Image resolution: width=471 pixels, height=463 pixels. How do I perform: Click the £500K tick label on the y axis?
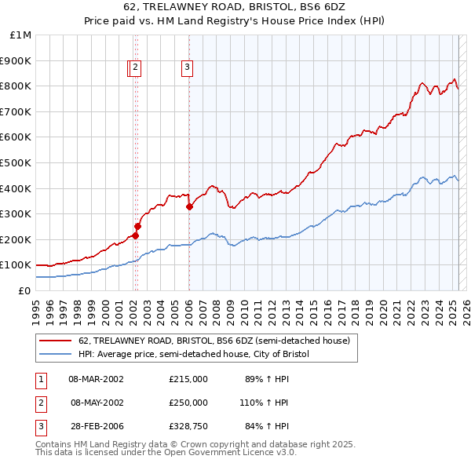click(x=16, y=162)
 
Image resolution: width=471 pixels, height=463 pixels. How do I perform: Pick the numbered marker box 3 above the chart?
click(x=188, y=68)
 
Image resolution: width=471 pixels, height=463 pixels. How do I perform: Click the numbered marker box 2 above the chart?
click(x=136, y=68)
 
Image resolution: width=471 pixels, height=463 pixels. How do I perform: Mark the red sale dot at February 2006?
click(x=189, y=206)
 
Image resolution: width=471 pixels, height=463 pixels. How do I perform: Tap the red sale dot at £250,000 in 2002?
click(x=137, y=226)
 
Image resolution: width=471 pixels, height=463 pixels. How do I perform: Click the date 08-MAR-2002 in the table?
click(x=96, y=379)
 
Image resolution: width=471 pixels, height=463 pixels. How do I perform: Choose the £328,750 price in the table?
click(x=188, y=426)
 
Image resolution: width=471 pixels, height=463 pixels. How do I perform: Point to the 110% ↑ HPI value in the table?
click(x=264, y=403)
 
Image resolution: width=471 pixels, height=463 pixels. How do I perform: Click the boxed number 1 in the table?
click(x=40, y=379)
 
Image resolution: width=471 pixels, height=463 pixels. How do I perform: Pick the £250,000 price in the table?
click(x=188, y=403)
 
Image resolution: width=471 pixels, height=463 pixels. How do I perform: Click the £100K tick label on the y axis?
click(x=16, y=264)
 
